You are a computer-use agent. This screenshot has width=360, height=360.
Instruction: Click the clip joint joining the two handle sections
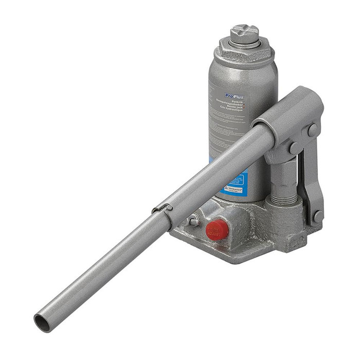pos(161,207)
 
